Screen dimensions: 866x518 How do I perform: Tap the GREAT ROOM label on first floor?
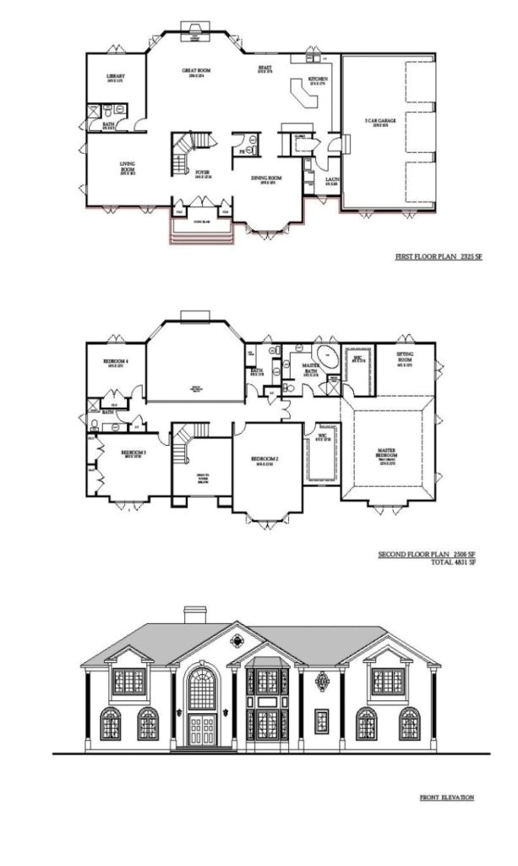[196, 72]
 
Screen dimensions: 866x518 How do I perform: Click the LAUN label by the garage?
[331, 180]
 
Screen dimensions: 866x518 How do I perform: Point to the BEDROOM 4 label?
[116, 362]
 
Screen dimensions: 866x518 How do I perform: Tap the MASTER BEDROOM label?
[385, 457]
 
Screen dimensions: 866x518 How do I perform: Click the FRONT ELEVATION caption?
[447, 797]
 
